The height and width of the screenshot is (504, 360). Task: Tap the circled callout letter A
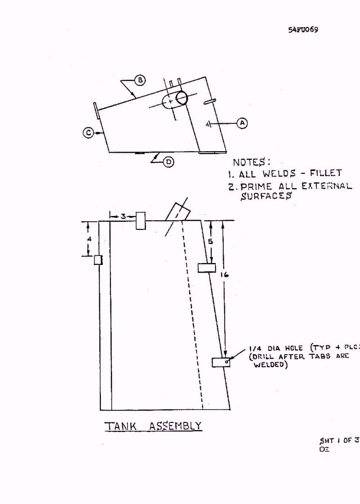pos(242,123)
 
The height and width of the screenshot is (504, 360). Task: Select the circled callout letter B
pos(140,80)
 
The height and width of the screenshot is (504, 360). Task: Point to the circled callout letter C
pos(88,133)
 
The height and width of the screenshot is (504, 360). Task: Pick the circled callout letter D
pos(169,162)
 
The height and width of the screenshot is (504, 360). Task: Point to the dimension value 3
pos(123,217)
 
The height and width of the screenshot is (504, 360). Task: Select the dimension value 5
pos(210,241)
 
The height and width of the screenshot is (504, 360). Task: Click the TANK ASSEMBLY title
pos(153,426)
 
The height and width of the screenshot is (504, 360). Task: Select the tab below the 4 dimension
pos(98,260)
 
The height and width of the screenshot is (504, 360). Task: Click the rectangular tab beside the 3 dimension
pos(141,220)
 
